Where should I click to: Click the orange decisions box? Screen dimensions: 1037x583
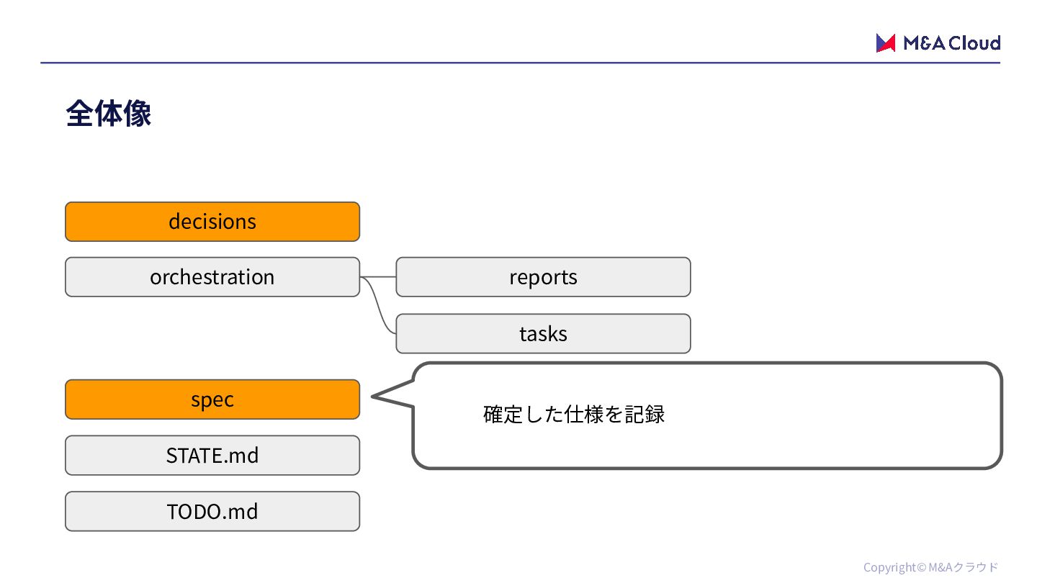point(212,222)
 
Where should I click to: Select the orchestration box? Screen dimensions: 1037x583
point(212,277)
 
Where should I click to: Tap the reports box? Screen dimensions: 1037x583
point(543,277)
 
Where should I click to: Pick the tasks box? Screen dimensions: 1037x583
point(543,334)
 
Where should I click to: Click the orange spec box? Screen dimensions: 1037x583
point(212,399)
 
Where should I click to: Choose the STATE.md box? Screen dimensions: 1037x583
point(212,456)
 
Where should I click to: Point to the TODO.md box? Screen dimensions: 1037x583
point(212,511)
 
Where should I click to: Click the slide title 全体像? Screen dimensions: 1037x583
point(108,114)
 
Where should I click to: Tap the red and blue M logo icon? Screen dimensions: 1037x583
point(885,43)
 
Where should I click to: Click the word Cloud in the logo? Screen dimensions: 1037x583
point(974,43)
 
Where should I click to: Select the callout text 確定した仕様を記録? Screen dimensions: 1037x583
point(573,414)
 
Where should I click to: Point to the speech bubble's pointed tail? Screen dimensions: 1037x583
point(373,396)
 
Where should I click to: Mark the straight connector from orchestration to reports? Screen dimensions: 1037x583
point(378,276)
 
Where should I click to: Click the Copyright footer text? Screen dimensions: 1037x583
point(930,567)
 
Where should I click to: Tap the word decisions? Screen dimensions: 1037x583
point(212,222)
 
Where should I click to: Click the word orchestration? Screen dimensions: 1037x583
point(212,277)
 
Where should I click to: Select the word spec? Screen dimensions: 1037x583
point(212,399)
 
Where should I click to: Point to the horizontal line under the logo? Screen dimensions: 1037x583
point(521,63)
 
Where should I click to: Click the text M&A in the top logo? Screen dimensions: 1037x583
point(924,43)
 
